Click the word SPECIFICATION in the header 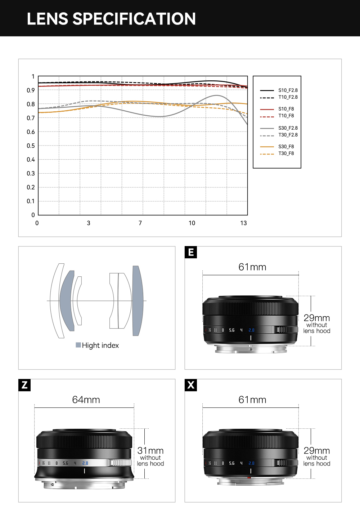point(134,19)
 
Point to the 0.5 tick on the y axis point(31,146)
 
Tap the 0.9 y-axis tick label point(31,90)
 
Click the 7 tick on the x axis point(140,223)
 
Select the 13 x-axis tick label point(244,223)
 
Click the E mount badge point(191,252)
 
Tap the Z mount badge point(24,385)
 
